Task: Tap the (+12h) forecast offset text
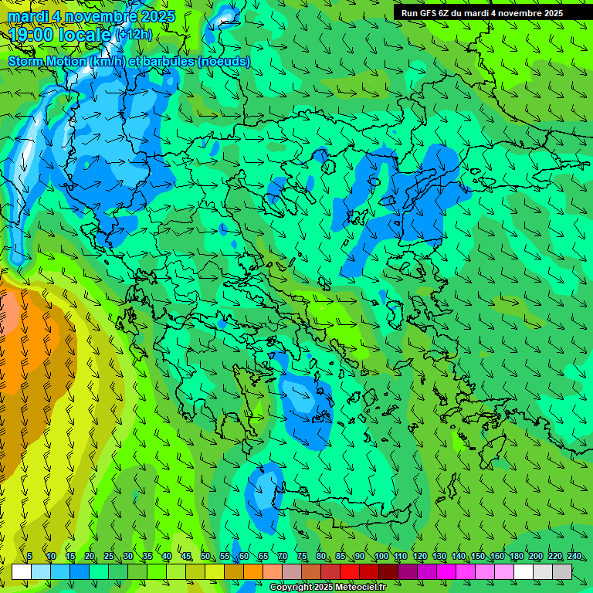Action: coord(133,35)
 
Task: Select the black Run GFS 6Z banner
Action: coord(482,12)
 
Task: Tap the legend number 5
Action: coord(29,557)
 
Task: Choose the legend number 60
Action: coord(243,557)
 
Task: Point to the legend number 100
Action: coord(381,557)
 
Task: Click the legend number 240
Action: coord(574,557)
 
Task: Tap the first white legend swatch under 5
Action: coord(22,571)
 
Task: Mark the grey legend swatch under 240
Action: coord(562,571)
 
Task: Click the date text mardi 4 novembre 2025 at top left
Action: coord(91,16)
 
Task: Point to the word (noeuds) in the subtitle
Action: coord(225,61)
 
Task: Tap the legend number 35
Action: coord(147,557)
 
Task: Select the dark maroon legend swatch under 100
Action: coord(388,571)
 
